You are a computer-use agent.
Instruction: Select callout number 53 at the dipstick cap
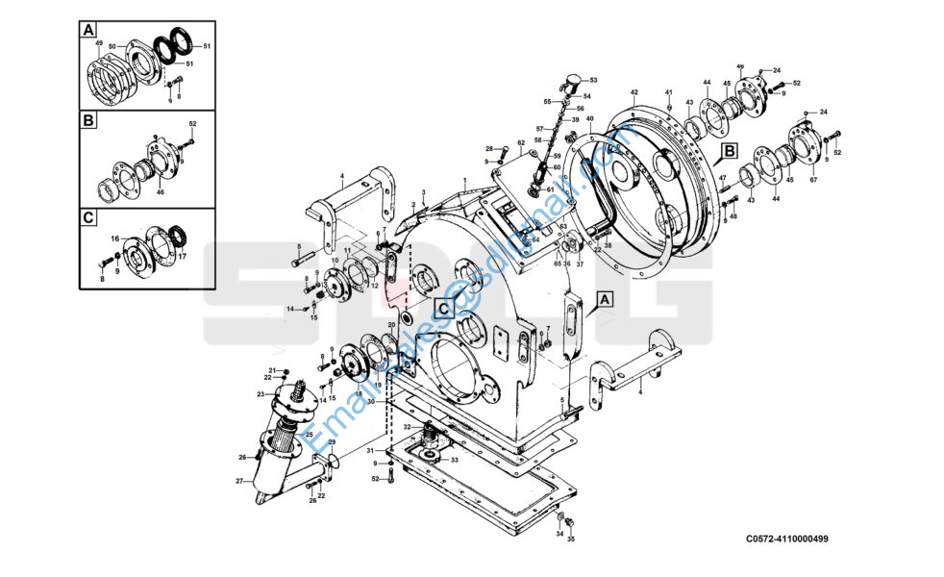pos(593,80)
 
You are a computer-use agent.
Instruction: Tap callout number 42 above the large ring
pos(634,92)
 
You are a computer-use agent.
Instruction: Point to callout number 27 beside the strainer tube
pos(239,480)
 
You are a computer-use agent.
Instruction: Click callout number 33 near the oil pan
pos(454,460)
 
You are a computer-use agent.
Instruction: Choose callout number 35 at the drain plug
pos(570,539)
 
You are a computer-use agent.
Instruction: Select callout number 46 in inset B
pos(160,192)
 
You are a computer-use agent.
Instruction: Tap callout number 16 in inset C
pos(113,238)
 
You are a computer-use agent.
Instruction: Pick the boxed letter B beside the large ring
pos(730,151)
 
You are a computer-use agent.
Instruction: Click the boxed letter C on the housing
pos(442,309)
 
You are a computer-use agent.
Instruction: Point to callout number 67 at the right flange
pos(813,179)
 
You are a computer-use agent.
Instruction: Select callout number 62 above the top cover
pos(521,143)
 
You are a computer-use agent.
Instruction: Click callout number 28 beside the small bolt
pos(489,149)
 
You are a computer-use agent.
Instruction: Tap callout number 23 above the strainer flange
pos(261,394)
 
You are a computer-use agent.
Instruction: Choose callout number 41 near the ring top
pos(668,92)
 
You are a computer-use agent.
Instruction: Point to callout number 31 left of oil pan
pos(369,450)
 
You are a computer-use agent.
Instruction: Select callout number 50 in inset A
pos(112,46)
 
